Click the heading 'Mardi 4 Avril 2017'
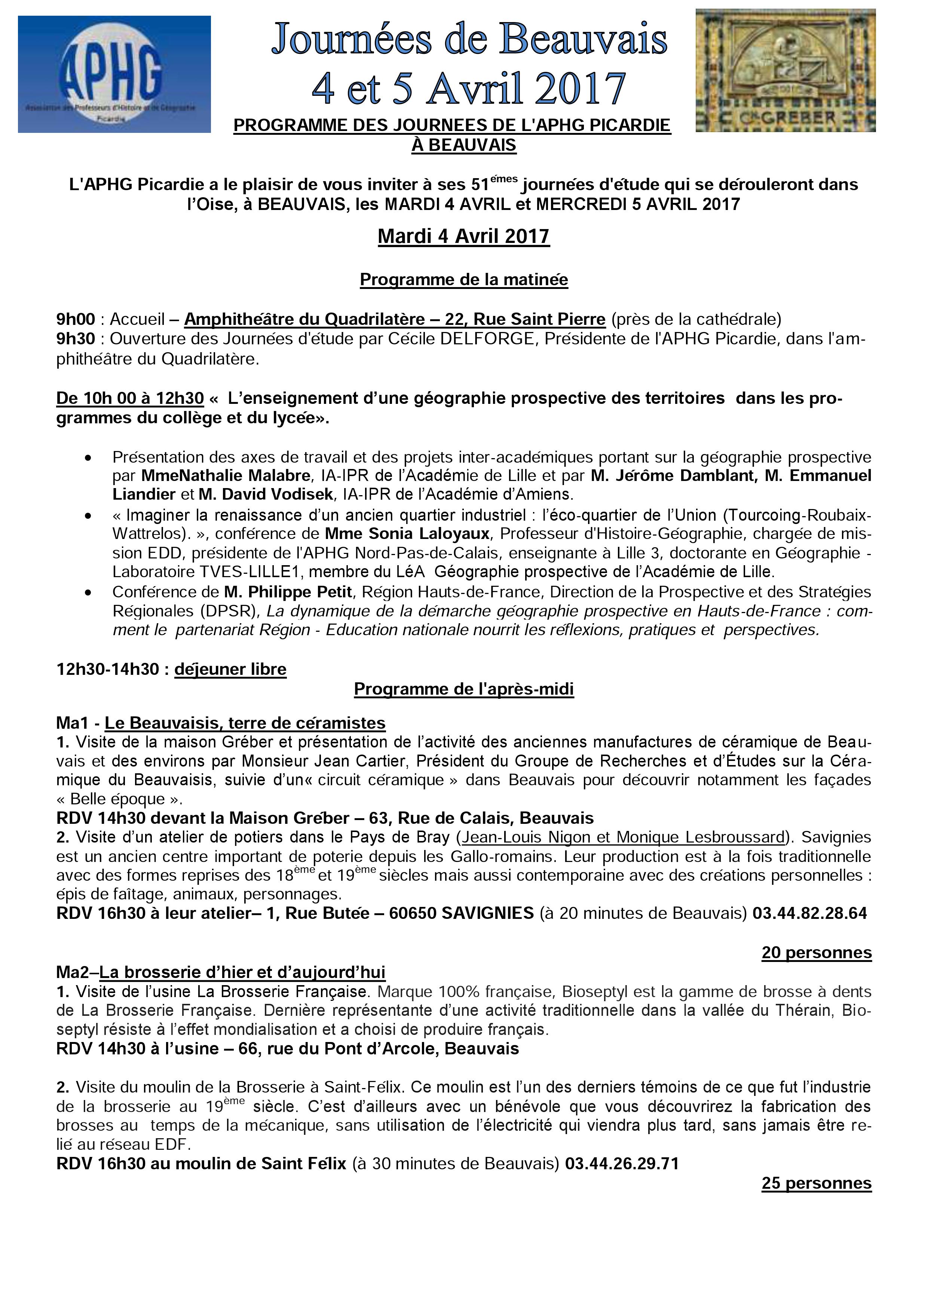point(463,236)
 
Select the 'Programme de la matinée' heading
point(463,280)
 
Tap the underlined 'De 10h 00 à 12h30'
point(130,398)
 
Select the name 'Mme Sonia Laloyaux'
point(407,534)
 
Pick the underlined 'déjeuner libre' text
point(230,669)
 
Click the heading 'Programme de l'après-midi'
point(463,689)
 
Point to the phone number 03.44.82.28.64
point(810,913)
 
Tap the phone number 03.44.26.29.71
point(622,1164)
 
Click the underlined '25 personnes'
point(816,1183)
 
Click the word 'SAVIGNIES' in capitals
point(488,913)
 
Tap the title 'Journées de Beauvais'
point(469,39)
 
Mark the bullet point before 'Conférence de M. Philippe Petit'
point(88,593)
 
